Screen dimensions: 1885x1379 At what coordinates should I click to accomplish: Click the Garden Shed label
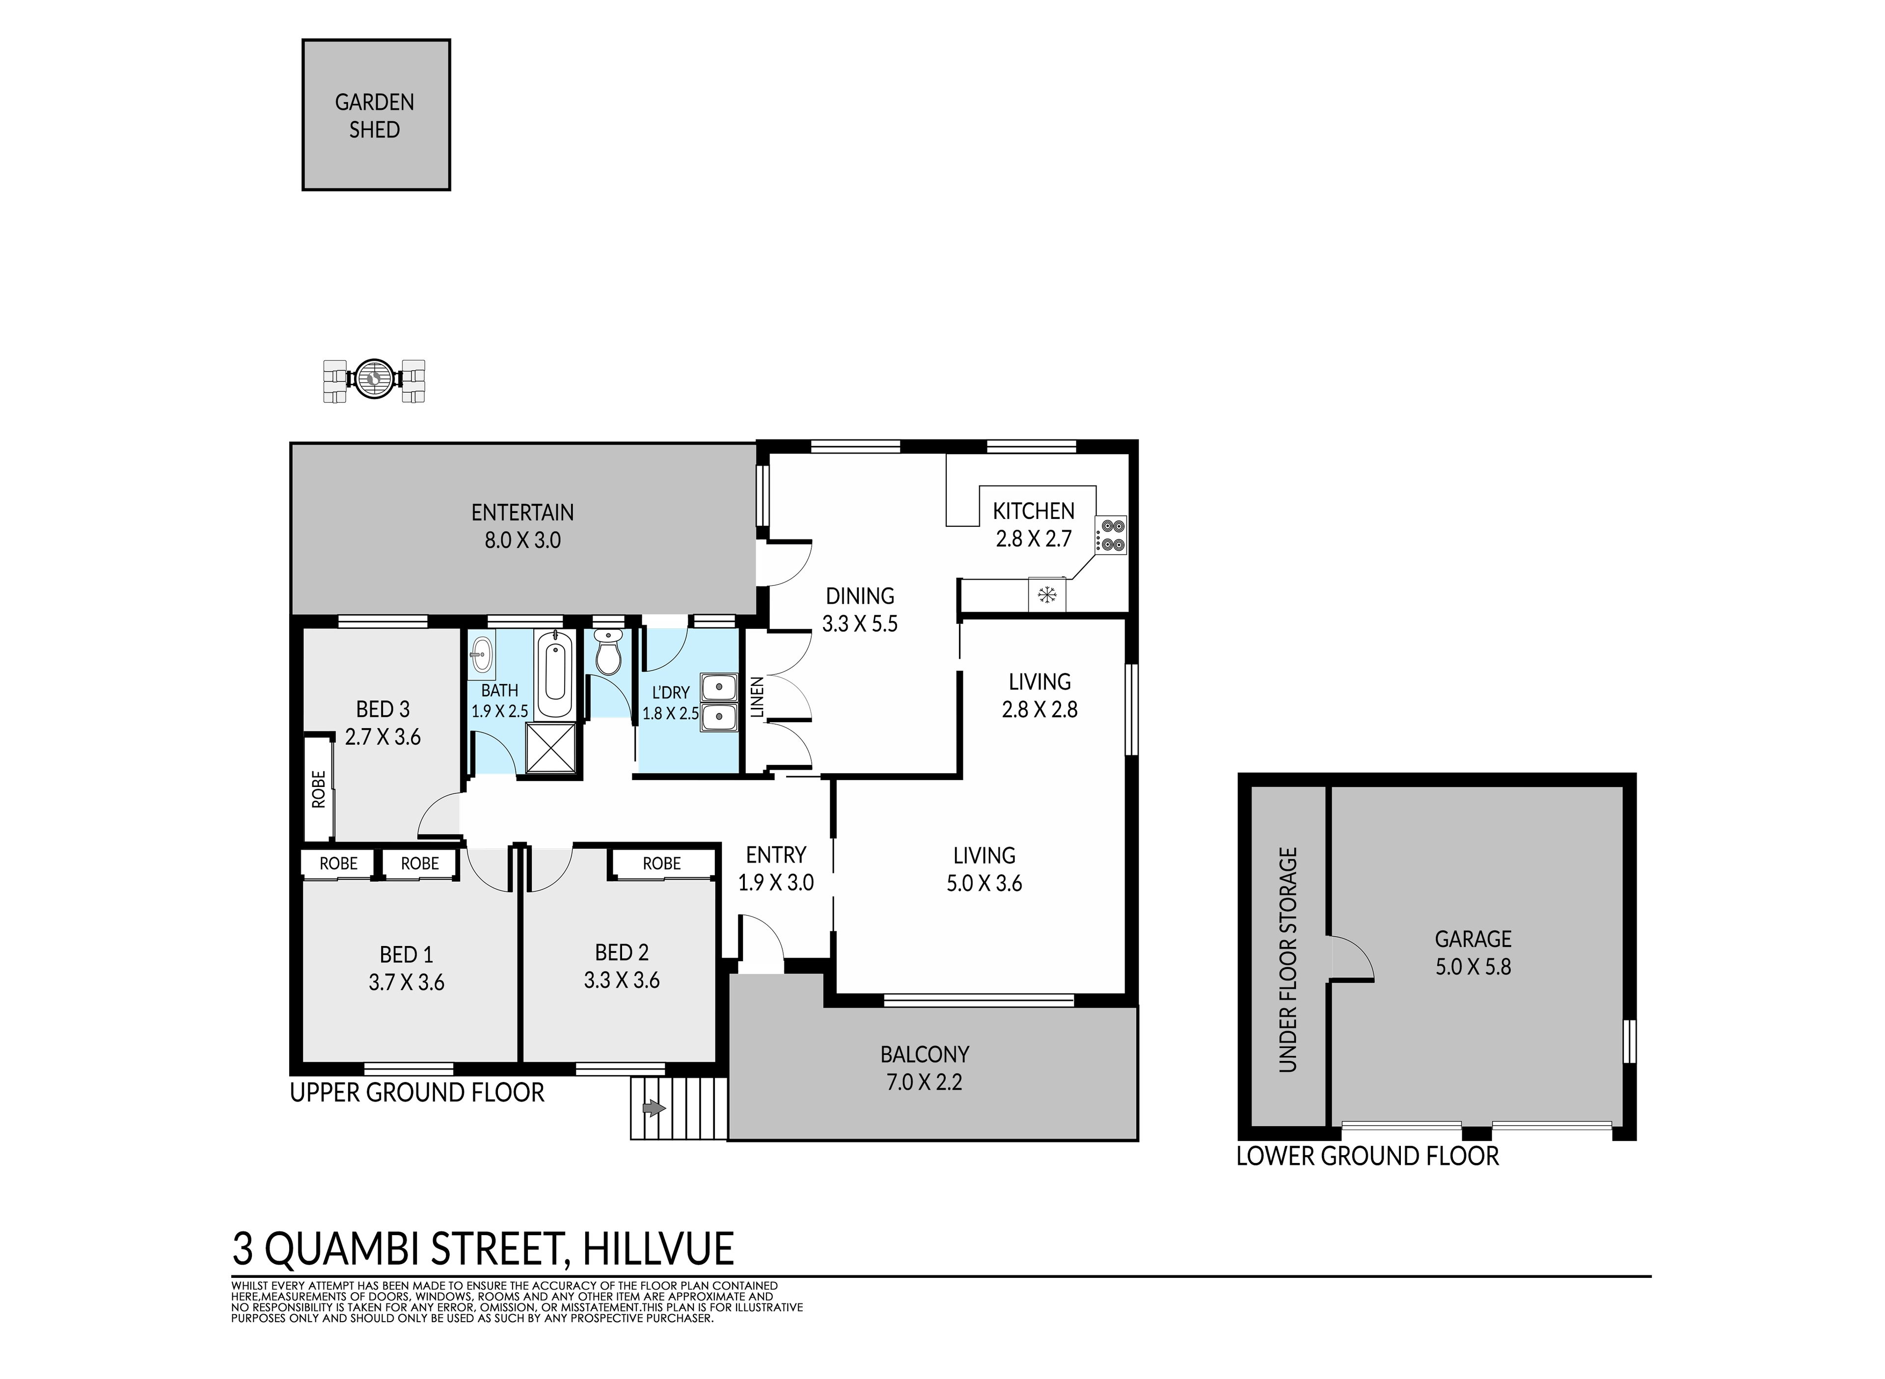(x=374, y=116)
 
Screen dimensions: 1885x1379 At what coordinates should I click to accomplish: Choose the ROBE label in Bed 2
(x=661, y=863)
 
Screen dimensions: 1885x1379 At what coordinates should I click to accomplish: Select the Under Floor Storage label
(x=1288, y=959)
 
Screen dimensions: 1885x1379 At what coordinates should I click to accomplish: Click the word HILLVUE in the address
(x=658, y=1249)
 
